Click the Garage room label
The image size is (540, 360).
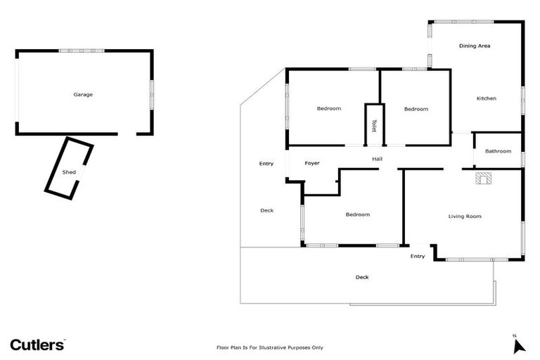pyautogui.click(x=83, y=94)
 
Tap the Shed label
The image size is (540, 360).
pyautogui.click(x=69, y=172)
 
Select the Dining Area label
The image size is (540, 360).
pyautogui.click(x=475, y=46)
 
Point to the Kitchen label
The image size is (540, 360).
pyautogui.click(x=487, y=98)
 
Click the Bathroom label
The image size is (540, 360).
pyautogui.click(x=498, y=151)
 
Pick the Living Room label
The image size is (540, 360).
pyautogui.click(x=465, y=217)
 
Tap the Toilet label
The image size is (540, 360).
pyautogui.click(x=374, y=125)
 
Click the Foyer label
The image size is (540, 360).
pyautogui.click(x=312, y=163)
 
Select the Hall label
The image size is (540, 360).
pyautogui.click(x=377, y=159)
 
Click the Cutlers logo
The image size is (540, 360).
pyautogui.click(x=38, y=345)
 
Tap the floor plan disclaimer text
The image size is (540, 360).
pyautogui.click(x=269, y=347)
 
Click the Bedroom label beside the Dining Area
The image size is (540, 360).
pyautogui.click(x=416, y=109)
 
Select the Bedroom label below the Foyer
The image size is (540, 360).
pyautogui.click(x=357, y=214)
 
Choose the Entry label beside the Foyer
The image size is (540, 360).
pyautogui.click(x=266, y=164)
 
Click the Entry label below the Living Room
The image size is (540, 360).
pyautogui.click(x=418, y=256)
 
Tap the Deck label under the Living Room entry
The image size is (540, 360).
pyautogui.click(x=362, y=277)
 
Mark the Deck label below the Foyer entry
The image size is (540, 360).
pyautogui.click(x=266, y=210)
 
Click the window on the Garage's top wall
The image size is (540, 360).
pyautogui.click(x=82, y=51)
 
